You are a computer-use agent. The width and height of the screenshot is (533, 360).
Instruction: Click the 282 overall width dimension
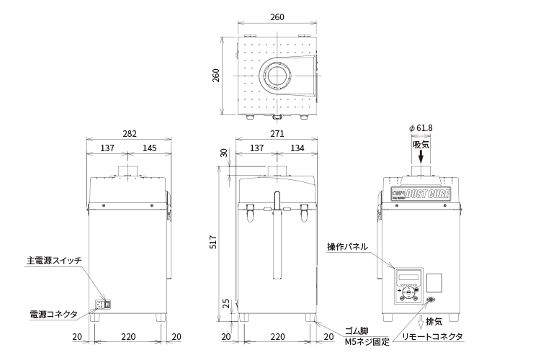pyautogui.click(x=129, y=134)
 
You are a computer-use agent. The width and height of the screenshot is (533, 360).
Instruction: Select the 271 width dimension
pyautogui.click(x=277, y=134)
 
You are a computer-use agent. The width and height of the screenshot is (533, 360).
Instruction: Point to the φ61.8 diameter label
pyautogui.click(x=421, y=127)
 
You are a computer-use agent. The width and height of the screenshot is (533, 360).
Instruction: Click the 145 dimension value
pyautogui.click(x=149, y=148)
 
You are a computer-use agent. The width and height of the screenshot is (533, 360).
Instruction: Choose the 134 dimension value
pyautogui.click(x=296, y=148)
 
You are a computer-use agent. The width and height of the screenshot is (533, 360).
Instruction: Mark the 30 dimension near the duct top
pyautogui.click(x=223, y=153)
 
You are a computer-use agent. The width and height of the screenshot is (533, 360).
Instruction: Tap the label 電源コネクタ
pyautogui.click(x=53, y=314)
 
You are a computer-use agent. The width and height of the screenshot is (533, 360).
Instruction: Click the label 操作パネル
pyautogui.click(x=347, y=246)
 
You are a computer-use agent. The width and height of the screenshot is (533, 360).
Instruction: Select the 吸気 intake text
pyautogui.click(x=421, y=144)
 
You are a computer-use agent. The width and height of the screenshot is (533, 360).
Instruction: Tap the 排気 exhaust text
pyautogui.click(x=434, y=320)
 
